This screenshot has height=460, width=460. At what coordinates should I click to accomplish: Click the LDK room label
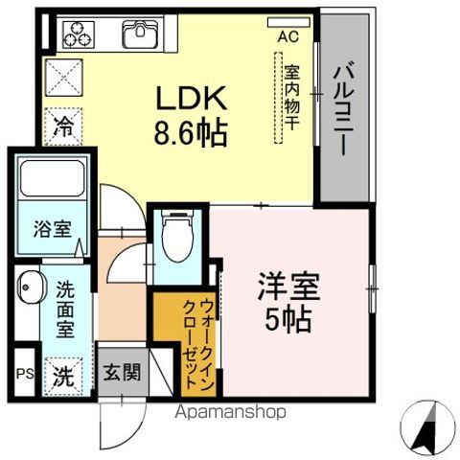[192, 100]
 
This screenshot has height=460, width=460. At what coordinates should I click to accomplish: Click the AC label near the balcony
[286, 36]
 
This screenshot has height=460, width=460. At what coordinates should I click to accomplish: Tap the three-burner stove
[76, 35]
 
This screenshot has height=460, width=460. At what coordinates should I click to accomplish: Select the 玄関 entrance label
[123, 371]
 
